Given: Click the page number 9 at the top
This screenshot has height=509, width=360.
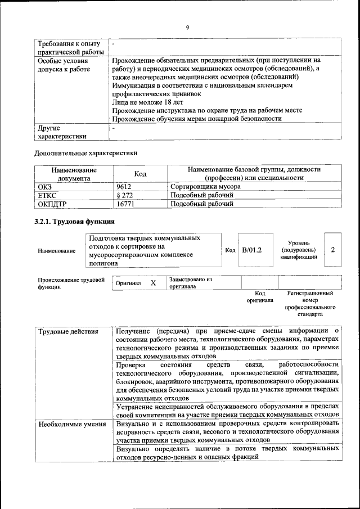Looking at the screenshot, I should pyautogui.click(x=187, y=26).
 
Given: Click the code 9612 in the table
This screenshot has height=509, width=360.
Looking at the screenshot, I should pyautogui.click(x=124, y=186).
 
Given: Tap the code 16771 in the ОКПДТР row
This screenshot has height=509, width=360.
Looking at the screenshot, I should pyautogui.click(x=125, y=204).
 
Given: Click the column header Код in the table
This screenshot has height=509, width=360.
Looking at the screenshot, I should pyautogui.click(x=141, y=174).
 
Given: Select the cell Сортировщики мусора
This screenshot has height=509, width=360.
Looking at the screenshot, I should pyautogui.click(x=205, y=186).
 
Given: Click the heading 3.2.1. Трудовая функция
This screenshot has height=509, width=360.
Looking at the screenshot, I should pyautogui.click(x=75, y=222).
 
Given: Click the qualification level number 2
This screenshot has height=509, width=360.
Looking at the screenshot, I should pyautogui.click(x=333, y=249).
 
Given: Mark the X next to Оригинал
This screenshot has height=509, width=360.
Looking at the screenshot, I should pyautogui.click(x=153, y=283).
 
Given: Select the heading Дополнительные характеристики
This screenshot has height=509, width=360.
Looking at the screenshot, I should pyautogui.click(x=85, y=152).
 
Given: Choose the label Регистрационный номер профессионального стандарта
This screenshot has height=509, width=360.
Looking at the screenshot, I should pyautogui.click(x=310, y=304).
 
